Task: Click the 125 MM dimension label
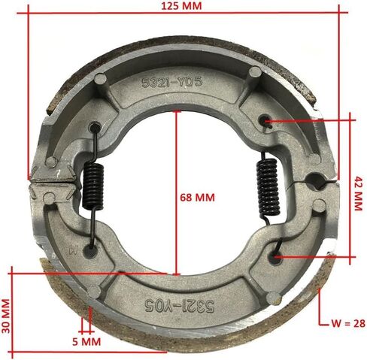181,6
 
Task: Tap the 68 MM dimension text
197,198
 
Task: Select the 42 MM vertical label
359,193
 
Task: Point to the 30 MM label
6,316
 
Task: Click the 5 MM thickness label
86,342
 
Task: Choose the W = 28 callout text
348,324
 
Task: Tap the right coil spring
268,187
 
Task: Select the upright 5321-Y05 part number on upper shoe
172,82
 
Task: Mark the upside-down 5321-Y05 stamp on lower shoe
180,306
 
